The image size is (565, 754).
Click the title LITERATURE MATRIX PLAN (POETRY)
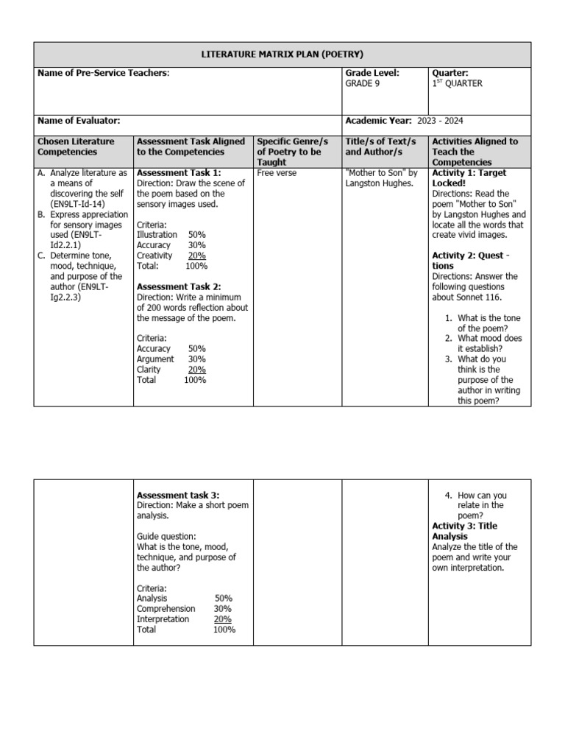click(282, 54)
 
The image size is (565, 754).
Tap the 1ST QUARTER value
click(457, 84)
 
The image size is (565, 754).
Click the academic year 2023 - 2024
click(440, 121)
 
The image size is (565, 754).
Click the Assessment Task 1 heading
click(179, 173)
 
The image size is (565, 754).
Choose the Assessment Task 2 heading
click(179, 286)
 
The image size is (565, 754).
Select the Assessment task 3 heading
click(178, 496)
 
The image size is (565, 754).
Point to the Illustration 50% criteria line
click(171, 235)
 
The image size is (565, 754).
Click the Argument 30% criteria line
click(171, 359)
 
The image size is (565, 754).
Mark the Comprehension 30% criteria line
click(184, 609)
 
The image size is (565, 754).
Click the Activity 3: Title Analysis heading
click(475, 532)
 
